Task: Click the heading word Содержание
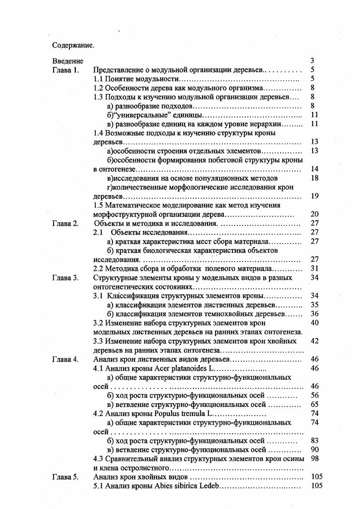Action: (73, 45)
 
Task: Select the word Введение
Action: (68, 61)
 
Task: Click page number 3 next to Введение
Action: (312, 61)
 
